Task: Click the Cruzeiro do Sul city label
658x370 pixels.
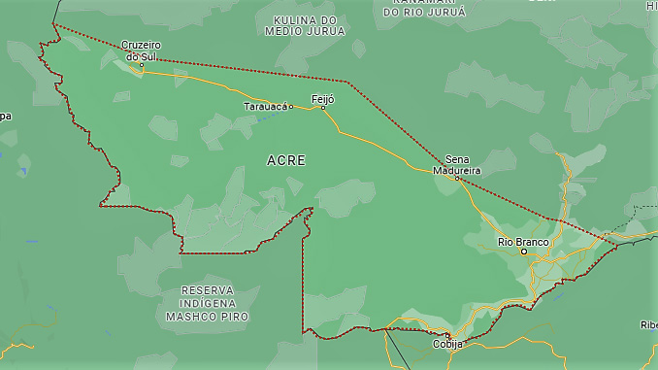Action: pos(142,50)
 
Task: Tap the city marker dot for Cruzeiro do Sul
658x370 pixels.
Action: pos(141,65)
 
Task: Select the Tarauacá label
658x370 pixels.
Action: pos(265,106)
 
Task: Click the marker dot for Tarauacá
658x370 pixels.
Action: pos(291,107)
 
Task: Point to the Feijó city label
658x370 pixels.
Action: pos(322,98)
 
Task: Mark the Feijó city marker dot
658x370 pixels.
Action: pos(323,108)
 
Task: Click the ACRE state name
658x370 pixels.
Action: pos(285,160)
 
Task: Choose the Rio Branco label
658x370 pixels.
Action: pos(523,241)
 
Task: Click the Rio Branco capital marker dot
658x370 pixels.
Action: pos(524,252)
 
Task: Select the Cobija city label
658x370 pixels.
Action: pos(447,344)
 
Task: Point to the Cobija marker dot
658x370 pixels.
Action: pos(447,335)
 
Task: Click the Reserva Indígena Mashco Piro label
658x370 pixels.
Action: pos(207,303)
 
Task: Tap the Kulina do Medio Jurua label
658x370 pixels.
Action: pos(305,25)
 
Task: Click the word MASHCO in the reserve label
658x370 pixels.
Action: pos(194,317)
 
